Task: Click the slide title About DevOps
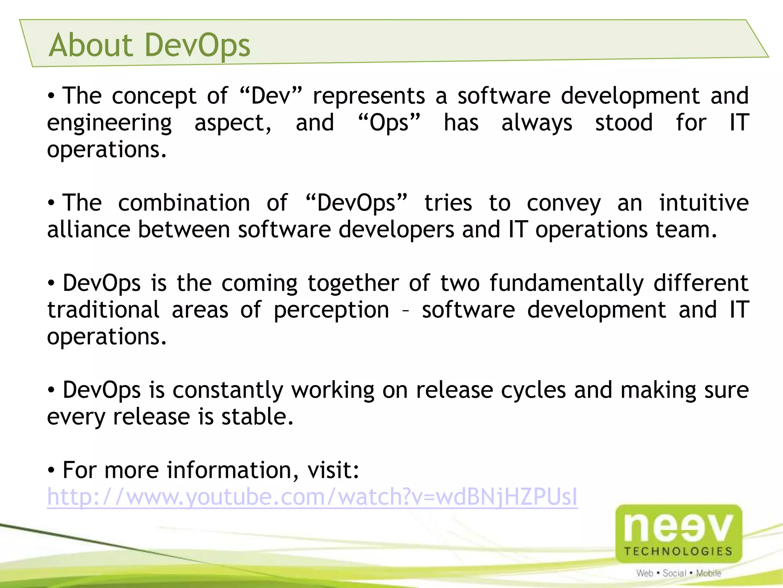pos(149,45)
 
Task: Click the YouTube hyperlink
pos(312,497)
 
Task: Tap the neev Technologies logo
pos(679,533)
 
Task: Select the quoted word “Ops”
pos(389,122)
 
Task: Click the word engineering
pos(109,123)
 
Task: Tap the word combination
pos(184,203)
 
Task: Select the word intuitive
pos(703,203)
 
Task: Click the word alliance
pos(89,229)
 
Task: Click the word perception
pos(331,310)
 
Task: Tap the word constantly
pos(228,390)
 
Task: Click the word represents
pos(369,95)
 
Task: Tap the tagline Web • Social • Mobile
pos(679,573)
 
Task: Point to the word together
pos(353,283)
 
